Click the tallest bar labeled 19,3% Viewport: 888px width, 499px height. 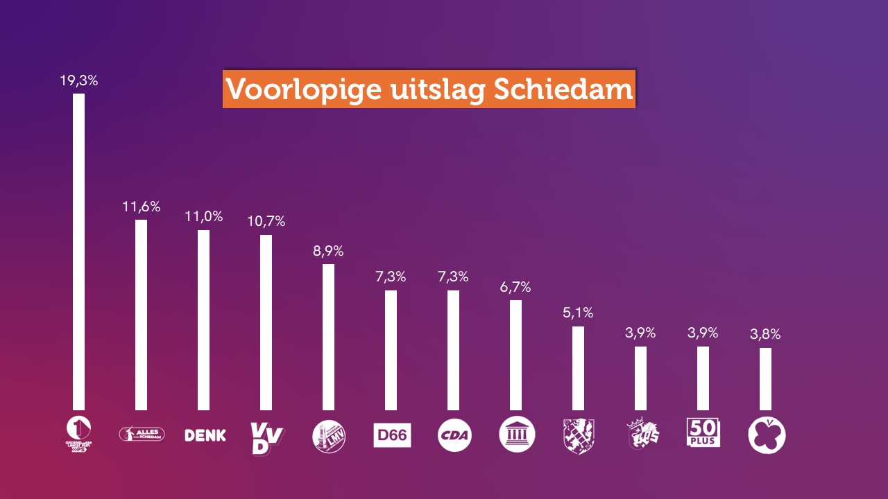(x=79, y=252)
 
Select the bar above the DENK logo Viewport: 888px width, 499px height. (x=203, y=319)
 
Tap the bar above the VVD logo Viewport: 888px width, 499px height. (x=266, y=322)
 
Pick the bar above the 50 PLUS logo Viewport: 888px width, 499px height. (x=703, y=378)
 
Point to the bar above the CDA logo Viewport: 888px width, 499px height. (x=453, y=350)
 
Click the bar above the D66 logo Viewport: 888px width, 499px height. (x=391, y=350)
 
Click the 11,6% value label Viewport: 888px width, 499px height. (x=142, y=207)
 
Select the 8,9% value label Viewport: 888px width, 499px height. (x=328, y=251)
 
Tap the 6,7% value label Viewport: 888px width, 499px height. (x=515, y=287)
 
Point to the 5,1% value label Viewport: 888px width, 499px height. (x=578, y=313)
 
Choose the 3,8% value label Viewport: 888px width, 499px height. (x=765, y=335)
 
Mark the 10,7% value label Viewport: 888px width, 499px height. (x=266, y=222)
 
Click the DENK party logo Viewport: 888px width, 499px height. (x=205, y=435)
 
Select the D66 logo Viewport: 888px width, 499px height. (x=392, y=435)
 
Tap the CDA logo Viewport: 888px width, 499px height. (x=454, y=435)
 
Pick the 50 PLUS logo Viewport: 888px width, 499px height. (x=703, y=432)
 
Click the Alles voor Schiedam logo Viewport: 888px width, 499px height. (x=142, y=435)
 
